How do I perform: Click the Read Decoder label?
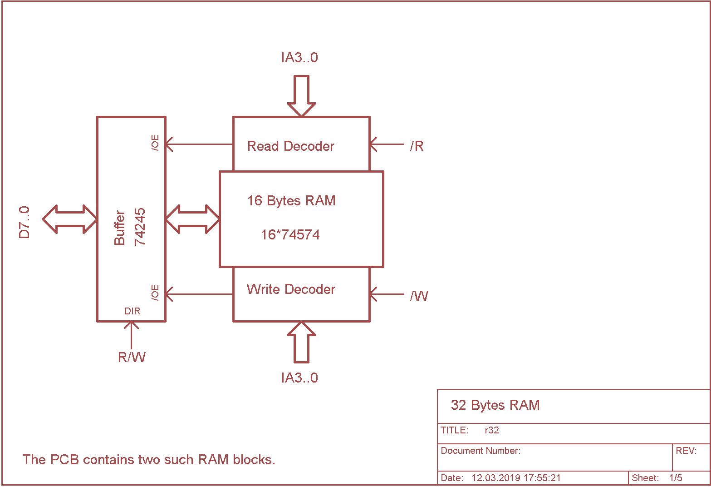[x=291, y=146]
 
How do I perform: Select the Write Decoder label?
[x=291, y=289]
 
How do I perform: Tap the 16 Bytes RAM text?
[x=291, y=201]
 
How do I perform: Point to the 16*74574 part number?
[x=290, y=235]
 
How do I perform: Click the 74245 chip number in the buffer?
[x=140, y=227]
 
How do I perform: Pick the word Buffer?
[x=119, y=228]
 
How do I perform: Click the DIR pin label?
[x=132, y=311]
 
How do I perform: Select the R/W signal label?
[x=132, y=358]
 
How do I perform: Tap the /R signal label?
[x=417, y=146]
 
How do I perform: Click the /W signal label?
[x=419, y=296]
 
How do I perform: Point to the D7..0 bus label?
[x=24, y=222]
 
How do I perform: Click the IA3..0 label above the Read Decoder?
[x=299, y=58]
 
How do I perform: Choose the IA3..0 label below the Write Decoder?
[x=299, y=378]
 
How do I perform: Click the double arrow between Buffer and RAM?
[x=193, y=219]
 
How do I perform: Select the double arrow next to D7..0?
[x=70, y=219]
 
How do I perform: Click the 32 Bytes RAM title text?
[x=495, y=405]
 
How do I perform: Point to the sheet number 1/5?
[x=676, y=478]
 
